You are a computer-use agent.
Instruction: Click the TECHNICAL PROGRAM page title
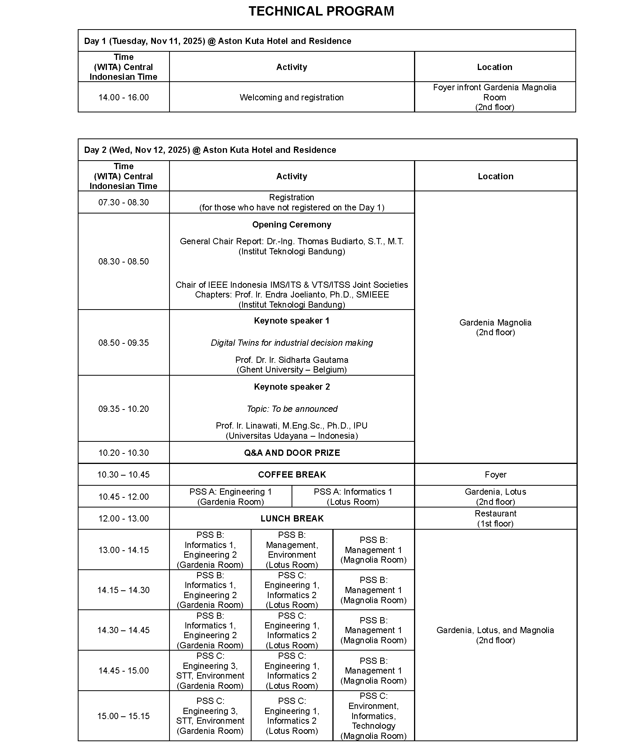pyautogui.click(x=321, y=11)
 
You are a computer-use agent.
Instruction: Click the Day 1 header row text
pyautogui.click(x=217, y=41)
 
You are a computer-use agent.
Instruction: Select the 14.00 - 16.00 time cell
pyautogui.click(x=124, y=97)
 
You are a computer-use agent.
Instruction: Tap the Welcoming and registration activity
pyautogui.click(x=292, y=97)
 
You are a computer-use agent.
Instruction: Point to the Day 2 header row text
pyautogui.click(x=210, y=150)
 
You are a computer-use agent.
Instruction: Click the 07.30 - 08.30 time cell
pyautogui.click(x=124, y=202)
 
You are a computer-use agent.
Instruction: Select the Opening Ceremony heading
pyautogui.click(x=292, y=225)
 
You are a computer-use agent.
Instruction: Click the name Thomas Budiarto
pyautogui.click(x=330, y=241)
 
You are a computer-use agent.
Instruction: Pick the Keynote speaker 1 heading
pyautogui.click(x=292, y=321)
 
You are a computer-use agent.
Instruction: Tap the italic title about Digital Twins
pyautogui.click(x=292, y=343)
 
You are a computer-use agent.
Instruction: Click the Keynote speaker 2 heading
pyautogui.click(x=292, y=387)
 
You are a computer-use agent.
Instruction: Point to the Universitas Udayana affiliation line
pyautogui.click(x=292, y=436)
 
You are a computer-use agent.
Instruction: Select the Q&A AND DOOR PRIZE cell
pyautogui.click(x=292, y=453)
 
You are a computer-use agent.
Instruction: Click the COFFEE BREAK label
pyautogui.click(x=292, y=475)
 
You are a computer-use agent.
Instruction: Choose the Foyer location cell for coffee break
pyautogui.click(x=495, y=475)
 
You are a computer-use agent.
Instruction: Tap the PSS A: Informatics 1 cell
pyautogui.click(x=353, y=497)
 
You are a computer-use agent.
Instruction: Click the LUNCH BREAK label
pyautogui.click(x=292, y=519)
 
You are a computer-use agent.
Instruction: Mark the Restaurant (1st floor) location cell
pyautogui.click(x=495, y=518)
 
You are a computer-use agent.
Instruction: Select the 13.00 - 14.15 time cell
pyautogui.click(x=124, y=550)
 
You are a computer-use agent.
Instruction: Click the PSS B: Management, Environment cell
pyautogui.click(x=292, y=550)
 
